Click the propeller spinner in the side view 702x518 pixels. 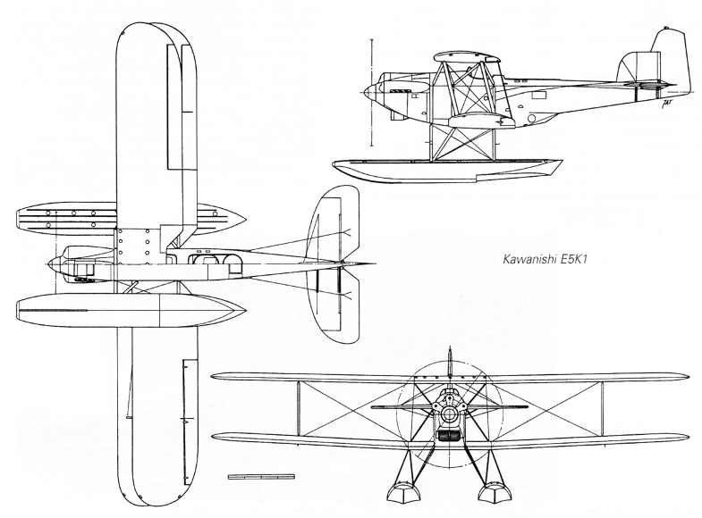[369, 89]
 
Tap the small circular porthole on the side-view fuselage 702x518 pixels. [534, 117]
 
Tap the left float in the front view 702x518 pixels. [398, 493]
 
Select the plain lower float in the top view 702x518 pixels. [130, 308]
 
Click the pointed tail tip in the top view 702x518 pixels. [373, 263]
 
